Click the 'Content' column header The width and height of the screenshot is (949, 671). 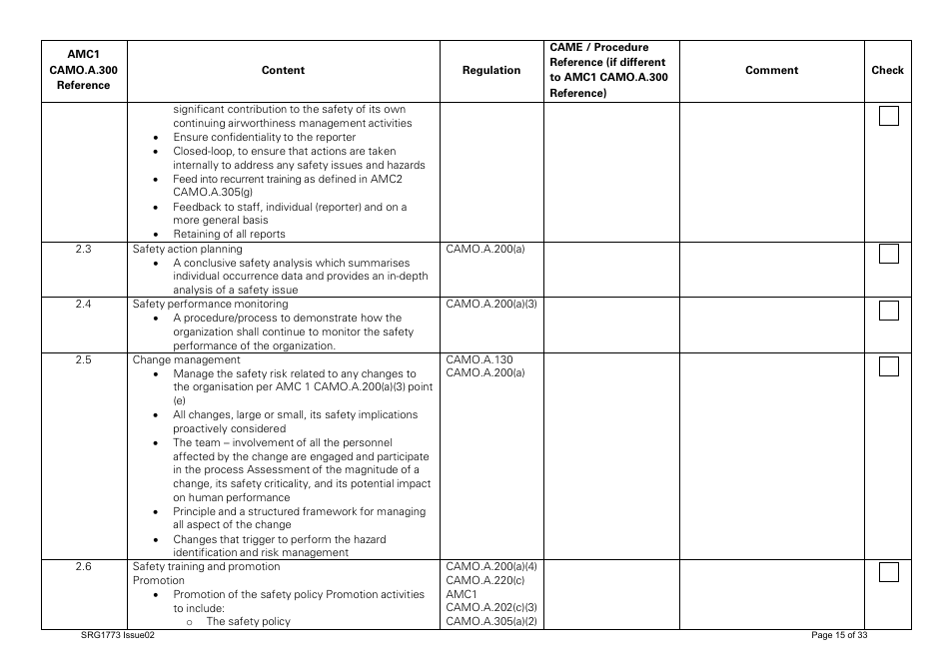tap(283, 71)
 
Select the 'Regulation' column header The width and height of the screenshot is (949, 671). tap(491, 71)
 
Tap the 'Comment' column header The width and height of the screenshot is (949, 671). tap(771, 71)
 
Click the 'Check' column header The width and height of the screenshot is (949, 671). tap(887, 71)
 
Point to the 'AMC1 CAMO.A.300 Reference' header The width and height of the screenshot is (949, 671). tap(84, 71)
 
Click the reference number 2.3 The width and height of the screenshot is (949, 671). tap(84, 250)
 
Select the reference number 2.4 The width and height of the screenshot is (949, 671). tap(84, 304)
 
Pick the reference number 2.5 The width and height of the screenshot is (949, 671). tap(84, 359)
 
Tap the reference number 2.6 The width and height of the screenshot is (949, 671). tap(84, 567)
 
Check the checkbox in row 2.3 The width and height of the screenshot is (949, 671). tap(888, 255)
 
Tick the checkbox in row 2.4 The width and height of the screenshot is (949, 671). tap(888, 310)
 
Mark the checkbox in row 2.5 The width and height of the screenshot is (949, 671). tap(888, 366)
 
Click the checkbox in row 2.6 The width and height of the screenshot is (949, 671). tap(888, 573)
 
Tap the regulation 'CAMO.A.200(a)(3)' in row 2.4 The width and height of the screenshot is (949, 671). tap(491, 304)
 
